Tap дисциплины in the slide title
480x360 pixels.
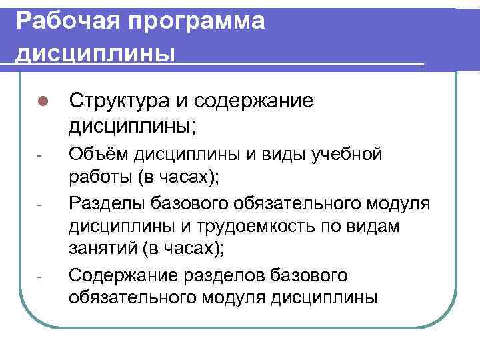[x=96, y=52]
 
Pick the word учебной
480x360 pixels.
[x=349, y=156]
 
